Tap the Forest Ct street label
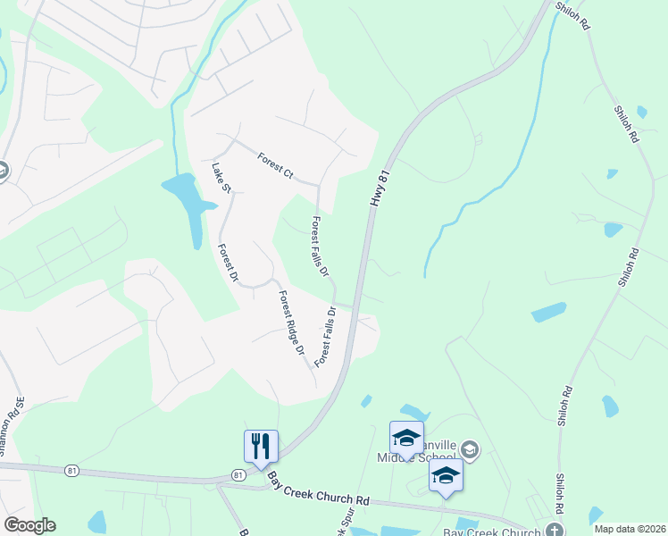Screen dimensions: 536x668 tap(275, 165)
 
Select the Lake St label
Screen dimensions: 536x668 tap(221, 177)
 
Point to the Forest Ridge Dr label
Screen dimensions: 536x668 tap(291, 323)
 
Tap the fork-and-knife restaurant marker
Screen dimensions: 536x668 tap(261, 446)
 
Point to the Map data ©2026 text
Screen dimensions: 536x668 tap(630, 529)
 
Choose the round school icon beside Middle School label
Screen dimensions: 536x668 tap(470, 449)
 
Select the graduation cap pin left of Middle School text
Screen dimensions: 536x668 tap(406, 438)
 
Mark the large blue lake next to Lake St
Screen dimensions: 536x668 tap(190, 203)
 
